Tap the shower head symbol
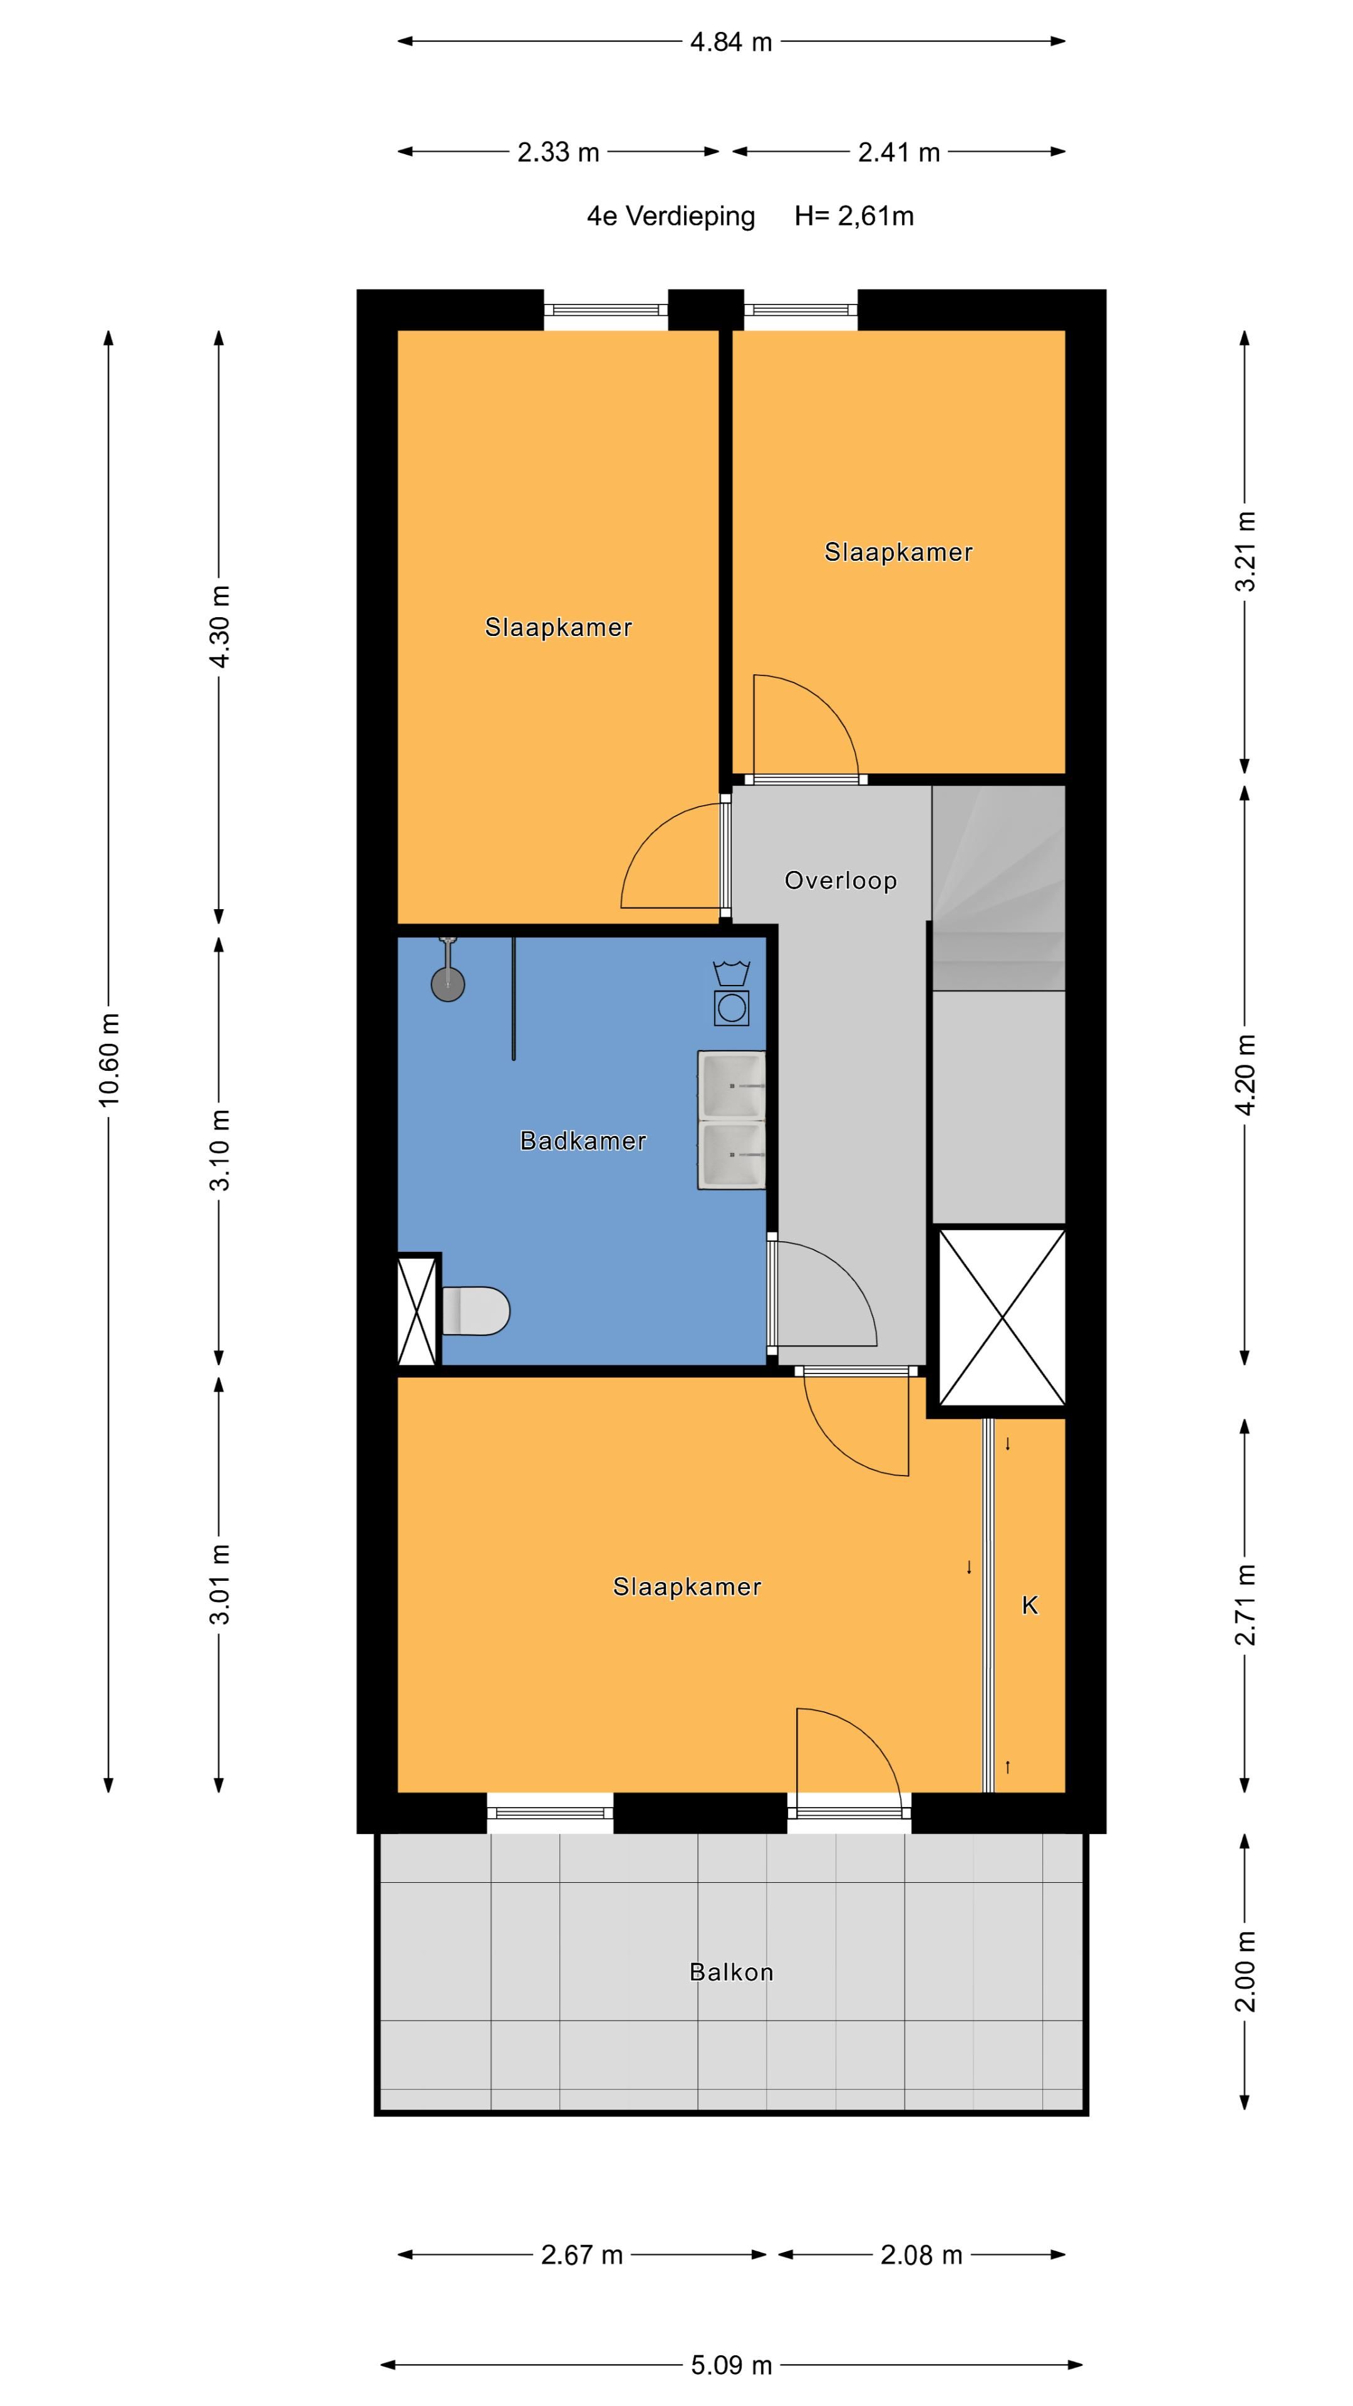point(447,982)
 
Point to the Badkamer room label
point(583,1140)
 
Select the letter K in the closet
point(1029,1605)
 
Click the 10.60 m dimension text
point(109,1060)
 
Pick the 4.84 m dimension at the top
point(730,42)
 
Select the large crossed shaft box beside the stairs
point(1001,1317)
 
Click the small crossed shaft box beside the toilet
point(417,1310)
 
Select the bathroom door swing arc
point(826,1294)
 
